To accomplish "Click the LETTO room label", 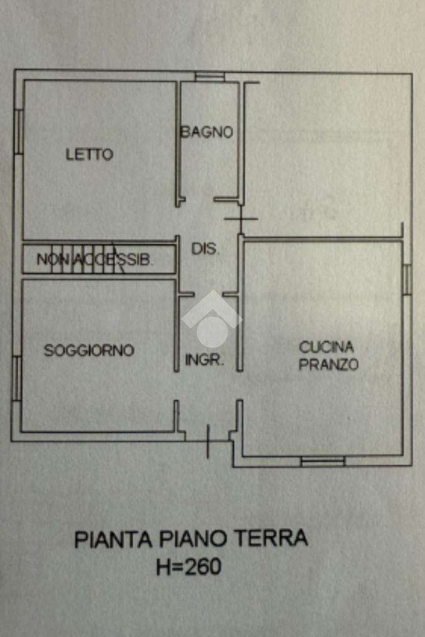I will pos(90,154).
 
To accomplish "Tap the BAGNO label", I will pos(207,132).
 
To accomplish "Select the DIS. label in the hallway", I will pos(205,249).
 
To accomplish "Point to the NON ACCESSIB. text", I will pos(94,260).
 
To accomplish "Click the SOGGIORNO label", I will pos(89,350).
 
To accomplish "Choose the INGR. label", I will pos(205,360).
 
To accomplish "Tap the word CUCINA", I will pos(326,347).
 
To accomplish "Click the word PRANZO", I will pos(329,365).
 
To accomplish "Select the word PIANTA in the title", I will pos(114,539).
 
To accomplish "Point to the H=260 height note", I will pos(189,567).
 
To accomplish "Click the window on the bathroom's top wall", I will pos(210,77).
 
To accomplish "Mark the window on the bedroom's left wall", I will pos(19,131).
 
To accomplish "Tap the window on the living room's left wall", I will pos(17,378).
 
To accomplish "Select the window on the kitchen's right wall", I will pos(406,279).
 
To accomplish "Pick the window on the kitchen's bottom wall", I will pos(322,462).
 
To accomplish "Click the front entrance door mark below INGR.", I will pos(208,441).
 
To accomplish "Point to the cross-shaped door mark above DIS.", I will pos(241,218).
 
